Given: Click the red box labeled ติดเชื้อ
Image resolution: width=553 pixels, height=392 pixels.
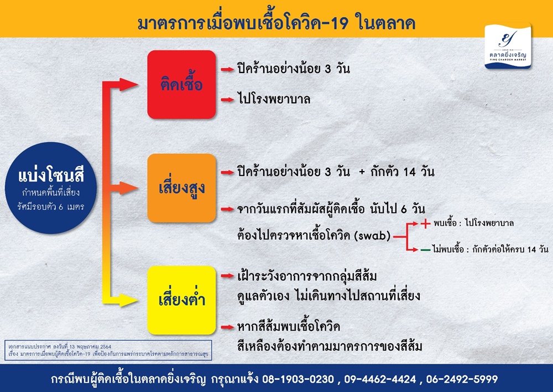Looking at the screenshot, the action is pos(181,84).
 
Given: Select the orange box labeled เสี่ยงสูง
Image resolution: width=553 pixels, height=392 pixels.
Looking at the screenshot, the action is pos(181,188).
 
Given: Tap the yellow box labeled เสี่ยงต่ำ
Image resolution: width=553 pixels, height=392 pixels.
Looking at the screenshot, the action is pos(181,300).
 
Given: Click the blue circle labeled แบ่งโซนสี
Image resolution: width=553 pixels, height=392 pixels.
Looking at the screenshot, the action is pos(51,188).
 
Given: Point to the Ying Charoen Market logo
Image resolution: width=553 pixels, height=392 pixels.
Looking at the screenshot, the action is pos(508,46).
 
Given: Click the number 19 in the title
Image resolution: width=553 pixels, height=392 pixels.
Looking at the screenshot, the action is pos(338,24).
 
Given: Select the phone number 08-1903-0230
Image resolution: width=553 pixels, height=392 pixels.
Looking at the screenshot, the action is pos(298,379).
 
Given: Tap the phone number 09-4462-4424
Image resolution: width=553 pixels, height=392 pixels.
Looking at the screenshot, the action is pos(380,379).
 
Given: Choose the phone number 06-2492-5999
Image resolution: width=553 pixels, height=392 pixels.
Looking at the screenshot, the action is pos(462,379).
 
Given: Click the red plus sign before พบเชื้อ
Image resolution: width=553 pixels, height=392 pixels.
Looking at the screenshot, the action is pos(425,223).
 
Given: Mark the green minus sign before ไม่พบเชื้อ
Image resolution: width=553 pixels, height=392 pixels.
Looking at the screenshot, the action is pos(425,250).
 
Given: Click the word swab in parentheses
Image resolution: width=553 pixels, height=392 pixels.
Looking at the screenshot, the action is pos(374,235).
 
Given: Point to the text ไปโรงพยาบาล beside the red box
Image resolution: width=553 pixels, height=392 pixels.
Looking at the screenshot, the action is pos(274,99).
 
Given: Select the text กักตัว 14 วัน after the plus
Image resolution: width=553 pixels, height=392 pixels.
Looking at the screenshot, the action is pos(402,172).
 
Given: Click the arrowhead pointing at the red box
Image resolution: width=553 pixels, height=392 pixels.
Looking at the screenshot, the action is pos(128,84).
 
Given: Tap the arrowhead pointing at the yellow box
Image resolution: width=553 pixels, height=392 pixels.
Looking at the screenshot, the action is pos(128,300).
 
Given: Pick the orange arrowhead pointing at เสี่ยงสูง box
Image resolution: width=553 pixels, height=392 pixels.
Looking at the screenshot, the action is pos(128,188).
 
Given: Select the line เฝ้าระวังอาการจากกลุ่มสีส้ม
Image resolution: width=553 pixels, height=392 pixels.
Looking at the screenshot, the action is pos(307,276).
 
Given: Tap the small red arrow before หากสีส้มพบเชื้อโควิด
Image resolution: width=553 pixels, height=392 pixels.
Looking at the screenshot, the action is pos(227,327).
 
